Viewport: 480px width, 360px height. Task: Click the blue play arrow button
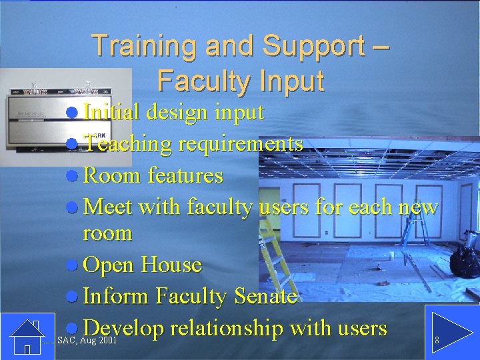(x=447, y=337)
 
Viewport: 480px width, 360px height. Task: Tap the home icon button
(x=27, y=337)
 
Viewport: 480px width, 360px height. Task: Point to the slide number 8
(x=437, y=341)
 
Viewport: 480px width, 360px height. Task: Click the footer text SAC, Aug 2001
(x=88, y=341)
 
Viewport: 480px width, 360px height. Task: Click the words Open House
(x=143, y=265)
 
